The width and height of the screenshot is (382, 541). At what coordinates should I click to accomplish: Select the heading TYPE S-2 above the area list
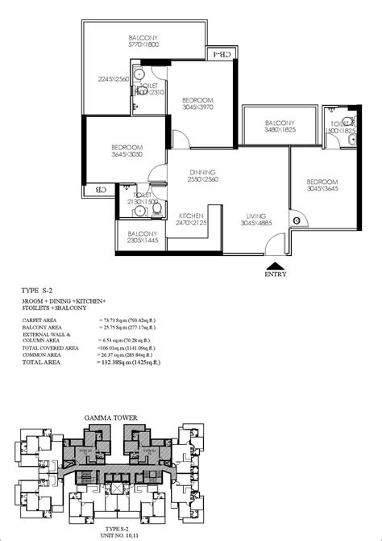[x=40, y=289]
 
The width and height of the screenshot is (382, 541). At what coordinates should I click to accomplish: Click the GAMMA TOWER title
[x=110, y=418]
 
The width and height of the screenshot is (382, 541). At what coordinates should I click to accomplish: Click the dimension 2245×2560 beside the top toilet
[x=114, y=79]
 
